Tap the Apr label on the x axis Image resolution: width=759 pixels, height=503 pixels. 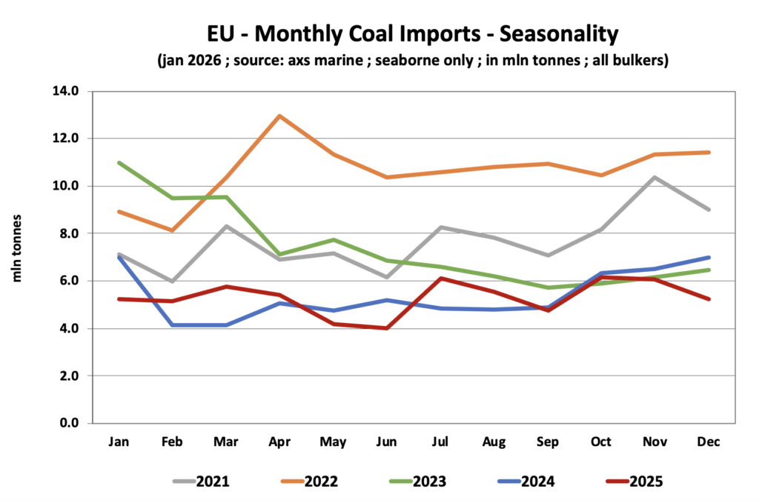[279, 442]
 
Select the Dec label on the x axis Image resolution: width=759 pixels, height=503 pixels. [709, 442]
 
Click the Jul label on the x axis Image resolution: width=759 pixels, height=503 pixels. [440, 442]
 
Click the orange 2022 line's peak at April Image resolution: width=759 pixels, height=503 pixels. [279, 116]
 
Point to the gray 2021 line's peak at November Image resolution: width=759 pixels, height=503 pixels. [654, 177]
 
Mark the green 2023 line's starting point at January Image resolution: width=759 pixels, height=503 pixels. [119, 162]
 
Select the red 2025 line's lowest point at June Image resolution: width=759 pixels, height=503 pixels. [386, 328]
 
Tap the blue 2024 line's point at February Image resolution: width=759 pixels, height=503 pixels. [173, 324]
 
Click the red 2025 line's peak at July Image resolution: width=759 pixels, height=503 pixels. [440, 279]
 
